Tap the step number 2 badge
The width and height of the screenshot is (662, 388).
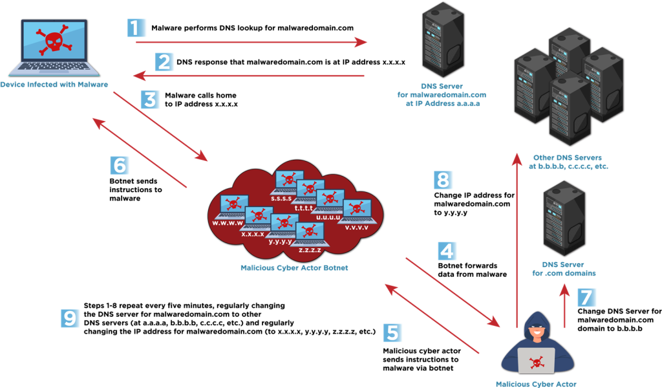click(164, 62)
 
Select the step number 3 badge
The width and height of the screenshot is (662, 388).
click(150, 100)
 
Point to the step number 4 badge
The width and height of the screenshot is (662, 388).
click(447, 250)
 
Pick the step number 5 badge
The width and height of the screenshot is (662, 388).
click(392, 332)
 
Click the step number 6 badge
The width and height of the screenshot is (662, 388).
click(120, 166)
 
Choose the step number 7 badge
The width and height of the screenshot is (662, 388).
click(585, 297)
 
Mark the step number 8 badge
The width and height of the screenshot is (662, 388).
click(443, 180)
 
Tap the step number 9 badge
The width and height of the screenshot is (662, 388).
click(70, 318)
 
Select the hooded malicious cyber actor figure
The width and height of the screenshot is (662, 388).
click(537, 346)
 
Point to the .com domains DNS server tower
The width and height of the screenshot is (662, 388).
click(564, 219)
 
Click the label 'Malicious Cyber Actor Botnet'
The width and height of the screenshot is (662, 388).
click(294, 268)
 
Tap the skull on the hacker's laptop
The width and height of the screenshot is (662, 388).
click(536, 361)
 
